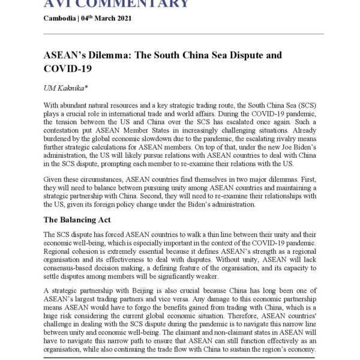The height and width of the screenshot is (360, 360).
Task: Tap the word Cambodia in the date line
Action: [59, 18]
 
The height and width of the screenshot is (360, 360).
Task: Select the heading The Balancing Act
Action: [77, 220]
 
